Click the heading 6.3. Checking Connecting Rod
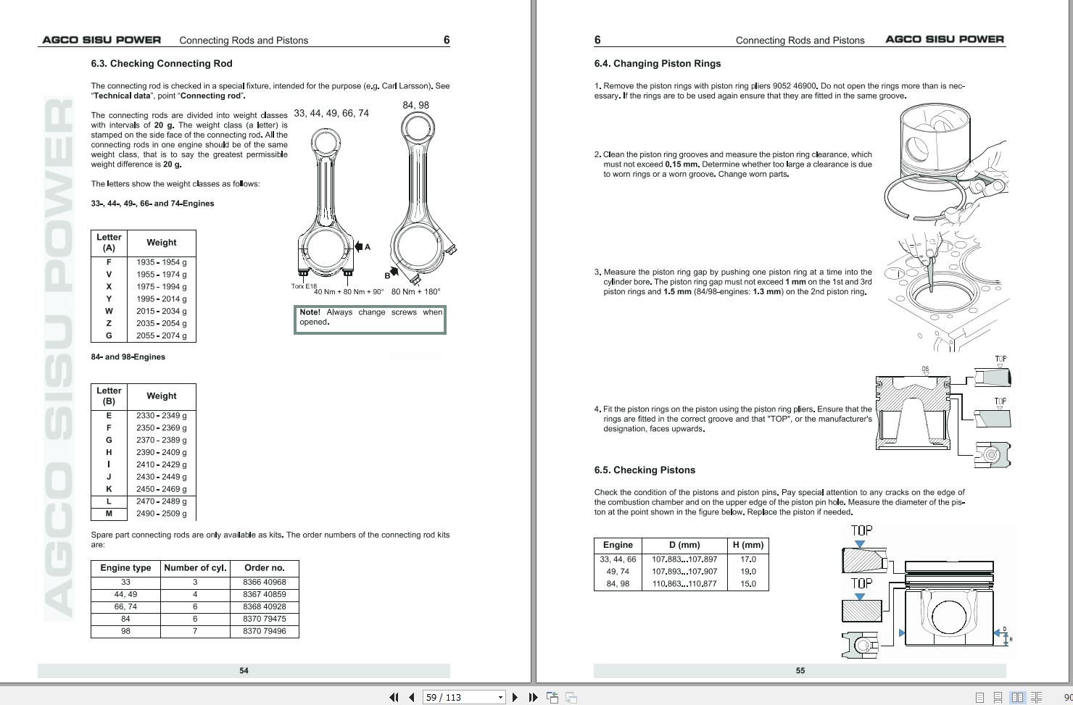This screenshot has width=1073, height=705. pos(162,64)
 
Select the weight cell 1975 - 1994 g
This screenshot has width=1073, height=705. pos(162,287)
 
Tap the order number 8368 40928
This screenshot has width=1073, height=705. pos(265,606)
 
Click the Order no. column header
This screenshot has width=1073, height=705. pos(265,567)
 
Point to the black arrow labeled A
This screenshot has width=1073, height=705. pos(358,246)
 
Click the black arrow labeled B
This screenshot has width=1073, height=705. pos(394,272)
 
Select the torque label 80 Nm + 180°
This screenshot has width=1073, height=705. pos(416,291)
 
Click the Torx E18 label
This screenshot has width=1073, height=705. pos(304,286)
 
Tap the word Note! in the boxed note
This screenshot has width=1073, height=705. pos(310,312)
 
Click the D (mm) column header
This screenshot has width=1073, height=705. pos(684,545)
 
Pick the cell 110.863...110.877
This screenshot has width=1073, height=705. pos(684,584)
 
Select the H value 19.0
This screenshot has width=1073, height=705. pos(748,572)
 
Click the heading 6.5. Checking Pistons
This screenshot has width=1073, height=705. pos(645,470)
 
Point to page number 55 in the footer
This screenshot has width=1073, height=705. pos(800,670)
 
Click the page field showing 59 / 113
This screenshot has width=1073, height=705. pos(463,697)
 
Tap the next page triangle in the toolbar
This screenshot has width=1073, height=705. pos(515,697)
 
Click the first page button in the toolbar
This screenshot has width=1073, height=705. pos(394,697)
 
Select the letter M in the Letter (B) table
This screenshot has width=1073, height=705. pos(109,514)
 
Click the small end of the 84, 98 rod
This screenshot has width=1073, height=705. pos(417,129)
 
